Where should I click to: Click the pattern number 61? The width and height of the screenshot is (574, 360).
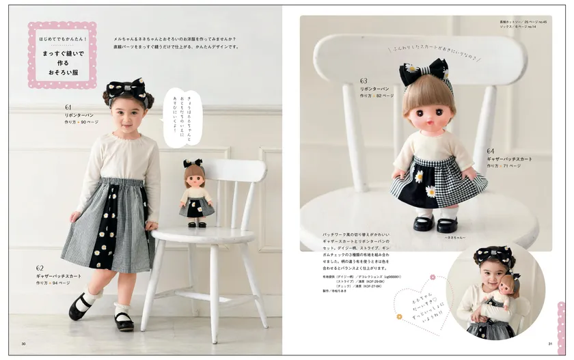[x=68, y=107]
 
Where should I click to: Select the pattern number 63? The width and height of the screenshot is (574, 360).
[x=364, y=80]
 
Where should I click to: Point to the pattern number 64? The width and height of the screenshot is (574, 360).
[x=491, y=150]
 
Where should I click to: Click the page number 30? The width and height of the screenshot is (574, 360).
[x=24, y=344]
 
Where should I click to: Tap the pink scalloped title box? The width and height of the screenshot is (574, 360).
[x=62, y=54]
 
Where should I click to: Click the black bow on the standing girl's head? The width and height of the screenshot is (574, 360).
[x=127, y=89]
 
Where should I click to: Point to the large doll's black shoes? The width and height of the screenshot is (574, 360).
[x=435, y=223]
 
